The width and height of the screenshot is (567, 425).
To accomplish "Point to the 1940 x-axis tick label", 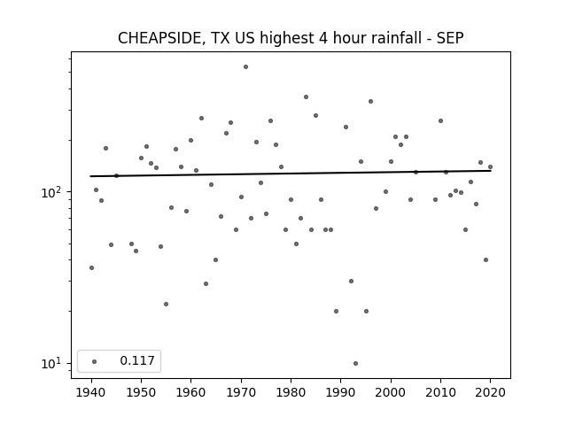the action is [x=91, y=392].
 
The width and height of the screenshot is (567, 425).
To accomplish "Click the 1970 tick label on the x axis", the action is [x=241, y=392].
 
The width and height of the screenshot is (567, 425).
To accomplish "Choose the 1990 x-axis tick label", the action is [x=340, y=392].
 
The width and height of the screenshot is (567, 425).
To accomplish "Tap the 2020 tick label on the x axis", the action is [x=490, y=392].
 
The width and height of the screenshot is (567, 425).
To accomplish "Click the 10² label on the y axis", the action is [x=50, y=192].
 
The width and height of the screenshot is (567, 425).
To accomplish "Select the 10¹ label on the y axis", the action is [x=50, y=363].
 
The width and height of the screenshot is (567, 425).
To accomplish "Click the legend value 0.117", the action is [x=137, y=360].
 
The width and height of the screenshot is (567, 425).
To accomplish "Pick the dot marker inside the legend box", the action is [x=95, y=361].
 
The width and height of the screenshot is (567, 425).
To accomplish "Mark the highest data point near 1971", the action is [x=246, y=67].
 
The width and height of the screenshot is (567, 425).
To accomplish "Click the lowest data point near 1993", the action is [x=356, y=364].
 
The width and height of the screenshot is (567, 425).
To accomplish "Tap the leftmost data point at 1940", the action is [x=91, y=267].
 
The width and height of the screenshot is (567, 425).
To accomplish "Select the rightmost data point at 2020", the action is [x=490, y=167].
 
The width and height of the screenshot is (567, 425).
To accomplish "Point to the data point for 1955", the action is [x=166, y=305].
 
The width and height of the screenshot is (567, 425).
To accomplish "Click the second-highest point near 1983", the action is [x=306, y=97].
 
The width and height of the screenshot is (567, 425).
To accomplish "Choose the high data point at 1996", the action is [x=370, y=102].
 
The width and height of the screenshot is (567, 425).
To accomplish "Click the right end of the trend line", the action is [x=491, y=171].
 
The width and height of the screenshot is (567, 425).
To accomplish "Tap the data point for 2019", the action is [x=485, y=259].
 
